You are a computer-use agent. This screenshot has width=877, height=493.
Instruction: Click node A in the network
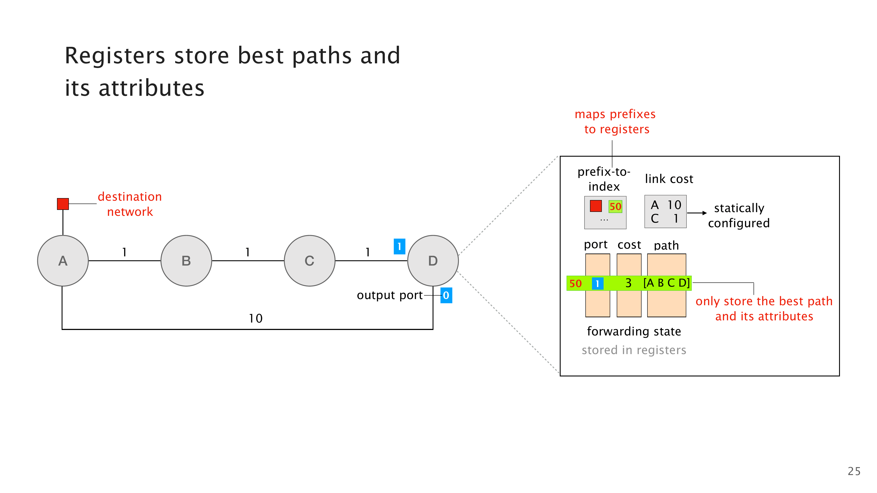[x=63, y=261]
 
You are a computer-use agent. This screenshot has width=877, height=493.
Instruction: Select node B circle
[x=186, y=261]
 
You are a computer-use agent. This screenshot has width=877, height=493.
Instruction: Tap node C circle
[x=309, y=261]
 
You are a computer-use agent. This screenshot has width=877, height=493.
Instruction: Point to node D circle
[x=433, y=261]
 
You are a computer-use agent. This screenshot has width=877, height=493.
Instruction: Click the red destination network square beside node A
[x=63, y=204]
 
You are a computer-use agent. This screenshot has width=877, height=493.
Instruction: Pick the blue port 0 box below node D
[x=446, y=295]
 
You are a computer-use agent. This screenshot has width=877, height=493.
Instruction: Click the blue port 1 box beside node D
[x=399, y=246]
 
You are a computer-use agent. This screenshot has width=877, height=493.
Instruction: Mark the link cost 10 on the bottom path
[x=255, y=318]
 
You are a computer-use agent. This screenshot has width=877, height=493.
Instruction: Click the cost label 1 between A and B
[x=125, y=252]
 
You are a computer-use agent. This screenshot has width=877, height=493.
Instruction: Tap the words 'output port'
[x=389, y=295]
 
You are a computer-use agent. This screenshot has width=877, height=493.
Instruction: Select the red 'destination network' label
[x=130, y=204]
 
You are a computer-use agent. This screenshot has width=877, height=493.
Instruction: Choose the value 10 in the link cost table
[x=674, y=205]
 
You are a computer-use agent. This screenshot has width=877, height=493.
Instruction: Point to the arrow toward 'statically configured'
[x=697, y=213]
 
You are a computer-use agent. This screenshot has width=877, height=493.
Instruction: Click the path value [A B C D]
[x=666, y=283]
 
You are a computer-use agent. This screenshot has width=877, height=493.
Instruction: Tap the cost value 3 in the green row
[x=628, y=283]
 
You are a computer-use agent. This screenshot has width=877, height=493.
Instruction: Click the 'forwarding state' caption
[x=634, y=331]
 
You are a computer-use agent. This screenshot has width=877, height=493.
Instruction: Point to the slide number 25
[x=854, y=471]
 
